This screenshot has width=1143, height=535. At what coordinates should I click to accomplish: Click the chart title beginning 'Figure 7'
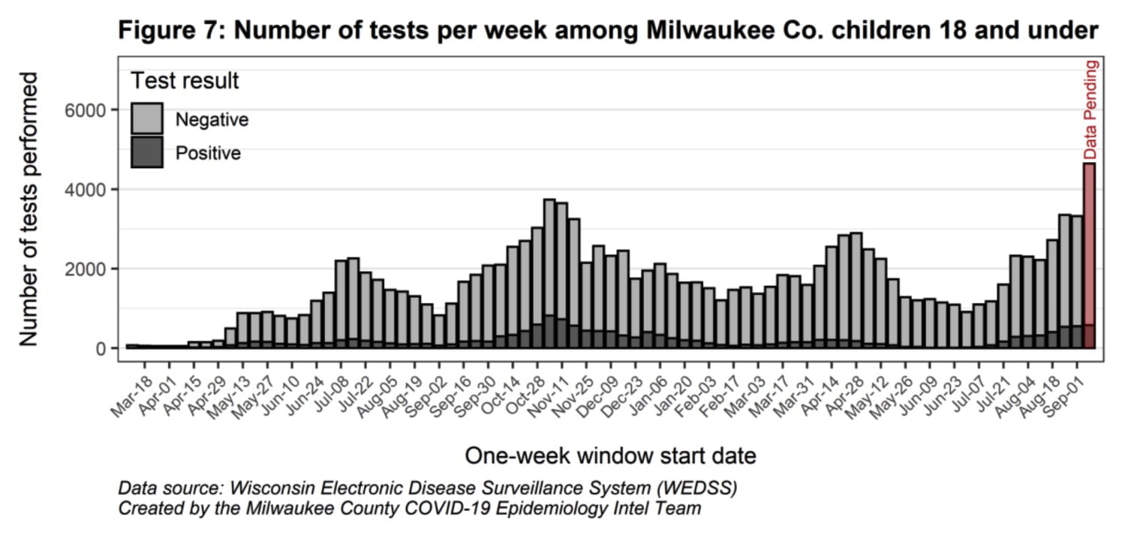click(x=608, y=31)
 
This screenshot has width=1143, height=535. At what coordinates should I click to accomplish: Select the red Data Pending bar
click(x=1089, y=255)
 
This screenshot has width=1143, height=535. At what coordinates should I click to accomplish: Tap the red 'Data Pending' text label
click(x=1091, y=110)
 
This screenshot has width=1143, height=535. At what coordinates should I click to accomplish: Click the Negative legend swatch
click(x=146, y=119)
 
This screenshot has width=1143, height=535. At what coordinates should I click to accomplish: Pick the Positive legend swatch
click(x=146, y=152)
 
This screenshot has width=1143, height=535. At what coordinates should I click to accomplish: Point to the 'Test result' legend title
click(x=185, y=81)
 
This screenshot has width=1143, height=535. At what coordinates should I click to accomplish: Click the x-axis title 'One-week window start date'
click(x=610, y=455)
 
